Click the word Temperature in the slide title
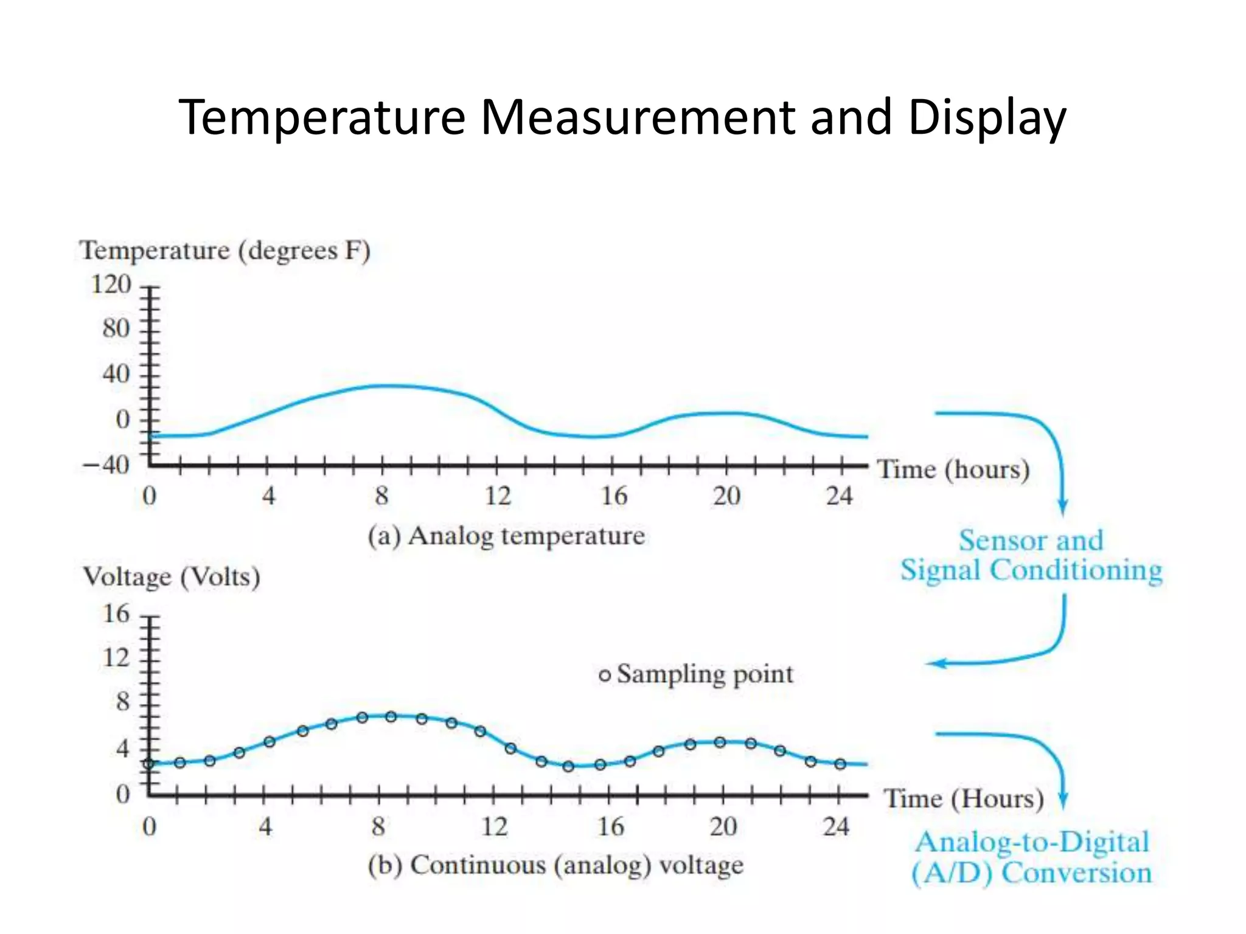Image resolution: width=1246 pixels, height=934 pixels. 322,118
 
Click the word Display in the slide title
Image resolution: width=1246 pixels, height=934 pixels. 986,118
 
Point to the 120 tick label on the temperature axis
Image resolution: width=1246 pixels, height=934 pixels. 111,285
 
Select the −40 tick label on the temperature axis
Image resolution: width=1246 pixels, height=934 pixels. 106,465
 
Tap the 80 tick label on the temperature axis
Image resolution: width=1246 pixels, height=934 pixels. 116,329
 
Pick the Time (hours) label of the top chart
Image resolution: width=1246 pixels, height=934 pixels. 953,470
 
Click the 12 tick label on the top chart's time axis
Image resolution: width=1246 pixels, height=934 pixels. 498,497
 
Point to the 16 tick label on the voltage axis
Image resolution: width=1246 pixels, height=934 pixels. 116,614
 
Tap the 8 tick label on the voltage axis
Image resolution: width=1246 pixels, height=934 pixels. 123,702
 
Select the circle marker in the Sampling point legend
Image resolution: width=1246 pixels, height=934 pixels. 604,676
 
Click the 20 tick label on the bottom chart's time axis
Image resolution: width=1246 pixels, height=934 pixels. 723,827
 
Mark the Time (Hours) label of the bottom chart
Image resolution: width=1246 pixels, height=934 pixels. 964,799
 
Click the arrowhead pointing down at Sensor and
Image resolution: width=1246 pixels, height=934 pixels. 1062,506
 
